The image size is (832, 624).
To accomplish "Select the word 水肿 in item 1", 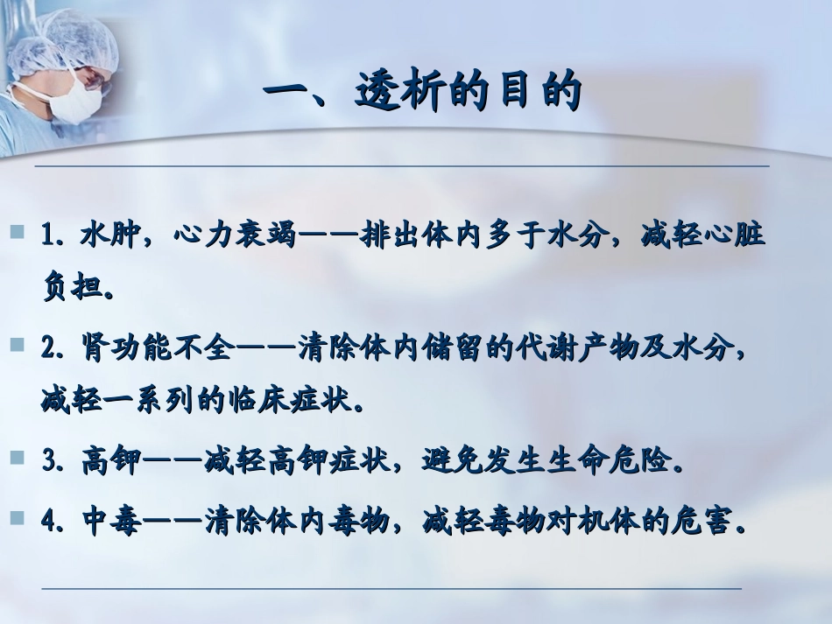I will click(110, 236).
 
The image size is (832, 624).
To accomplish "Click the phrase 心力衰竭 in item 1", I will click(235, 236).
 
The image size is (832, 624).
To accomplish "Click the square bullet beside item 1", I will click(17, 233).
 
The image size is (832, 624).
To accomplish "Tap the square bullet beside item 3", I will click(17, 458).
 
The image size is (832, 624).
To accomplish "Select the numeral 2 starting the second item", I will click(48, 348).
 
